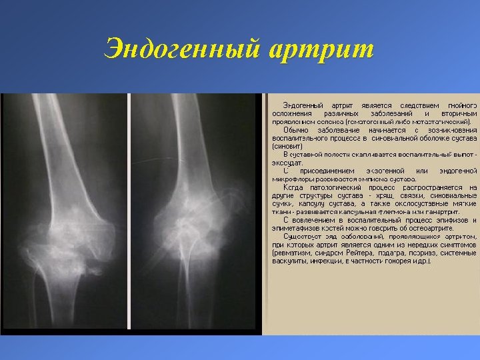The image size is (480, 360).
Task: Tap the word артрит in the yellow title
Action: click(323, 49)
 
